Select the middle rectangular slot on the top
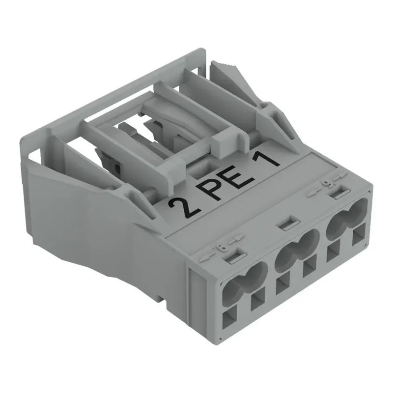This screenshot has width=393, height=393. (287, 224)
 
